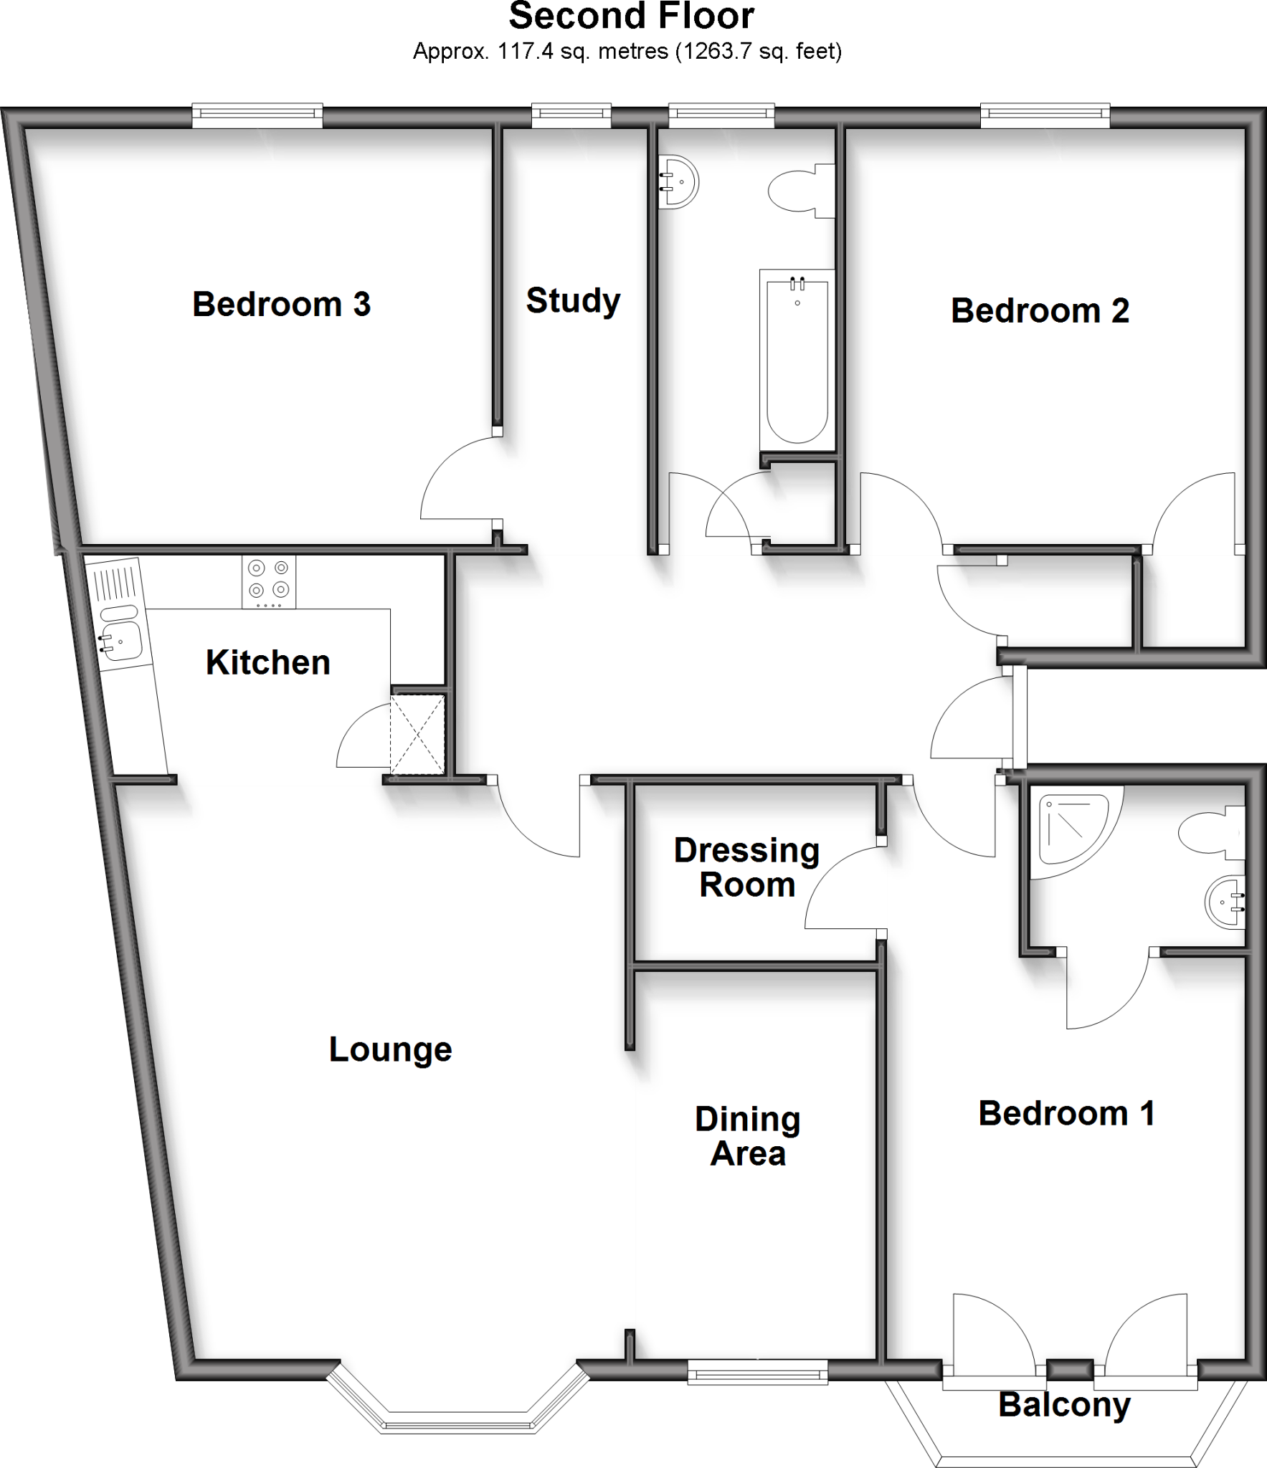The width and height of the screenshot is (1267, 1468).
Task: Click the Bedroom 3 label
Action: pos(281,305)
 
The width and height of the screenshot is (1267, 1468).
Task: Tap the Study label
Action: pos(573,301)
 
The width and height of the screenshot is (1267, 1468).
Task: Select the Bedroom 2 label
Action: pos(1040,311)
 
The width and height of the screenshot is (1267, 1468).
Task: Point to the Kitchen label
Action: pos(267,662)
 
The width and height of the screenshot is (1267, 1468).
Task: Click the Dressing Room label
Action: pos(746,867)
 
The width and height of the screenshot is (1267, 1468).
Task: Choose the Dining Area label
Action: pos(747,1136)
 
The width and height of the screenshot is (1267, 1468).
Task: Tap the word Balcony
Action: pos(1064,1404)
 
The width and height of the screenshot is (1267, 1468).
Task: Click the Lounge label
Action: pos(390,1049)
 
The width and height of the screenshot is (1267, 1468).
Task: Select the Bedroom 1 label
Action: pos(1066,1113)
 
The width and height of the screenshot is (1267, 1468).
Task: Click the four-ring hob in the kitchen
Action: pos(268,580)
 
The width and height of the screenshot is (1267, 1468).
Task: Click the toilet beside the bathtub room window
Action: pos(803,190)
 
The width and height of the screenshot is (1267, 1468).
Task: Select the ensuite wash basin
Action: pos(1226,902)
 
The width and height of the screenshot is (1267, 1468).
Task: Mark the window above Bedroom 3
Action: pos(257,115)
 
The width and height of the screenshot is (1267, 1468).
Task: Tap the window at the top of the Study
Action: pos(571,115)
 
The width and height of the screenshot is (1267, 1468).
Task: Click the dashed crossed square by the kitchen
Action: pos(417,734)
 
